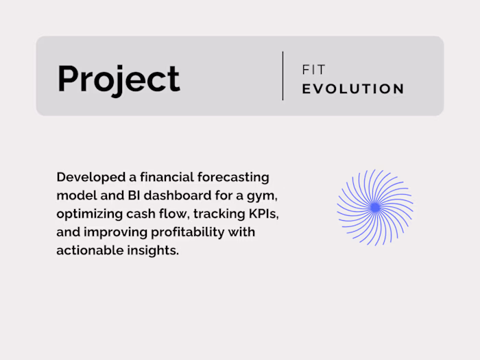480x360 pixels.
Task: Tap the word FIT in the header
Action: tap(314, 70)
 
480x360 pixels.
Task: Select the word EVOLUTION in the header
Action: tap(353, 88)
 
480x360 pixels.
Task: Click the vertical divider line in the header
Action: tap(283, 75)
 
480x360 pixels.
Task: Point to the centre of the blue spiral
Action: tap(374, 207)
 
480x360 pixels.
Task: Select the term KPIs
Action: tap(265, 214)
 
